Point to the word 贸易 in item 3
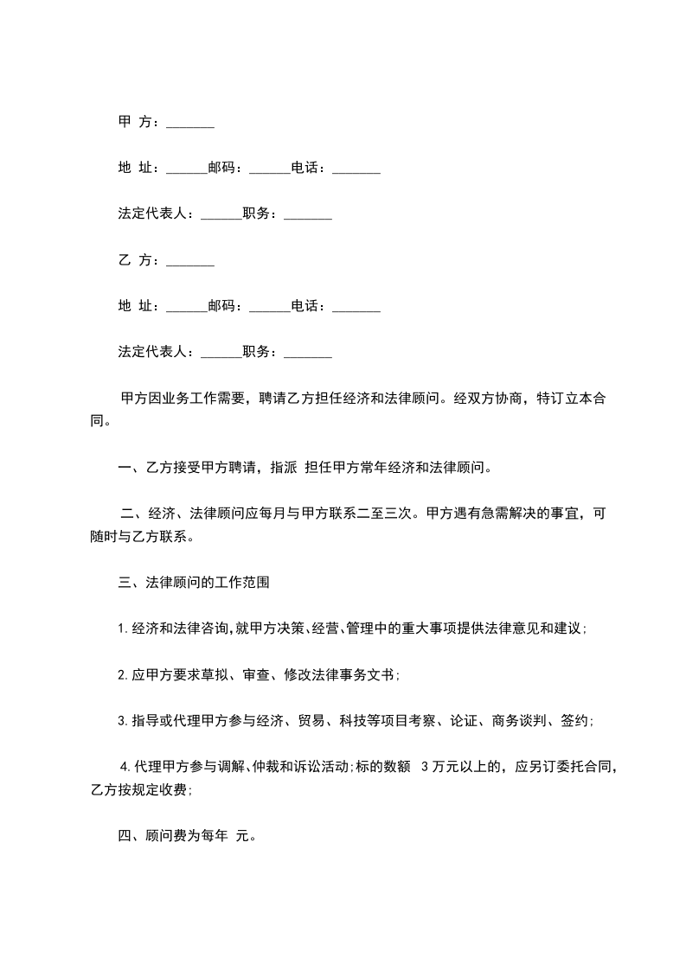click(311, 720)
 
